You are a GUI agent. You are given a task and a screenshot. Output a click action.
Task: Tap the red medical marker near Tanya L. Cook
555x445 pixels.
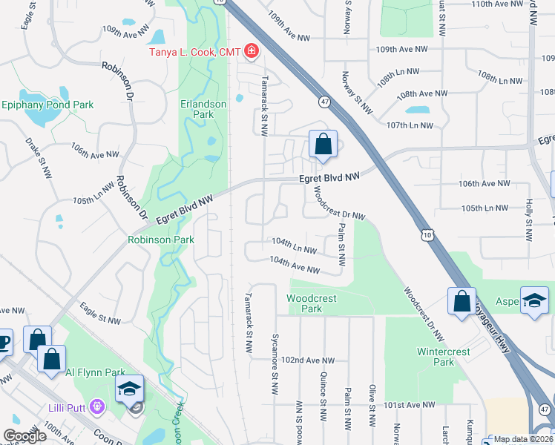[x=252, y=52]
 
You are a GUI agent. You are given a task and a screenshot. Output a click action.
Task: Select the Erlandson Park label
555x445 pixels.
[x=203, y=110]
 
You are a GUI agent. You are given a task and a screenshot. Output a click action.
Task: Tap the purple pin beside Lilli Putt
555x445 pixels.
[x=96, y=406]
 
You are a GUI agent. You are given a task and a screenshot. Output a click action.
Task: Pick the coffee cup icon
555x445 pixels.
[x=4, y=342]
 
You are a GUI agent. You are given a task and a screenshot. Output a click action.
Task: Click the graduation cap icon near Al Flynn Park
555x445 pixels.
[x=129, y=388]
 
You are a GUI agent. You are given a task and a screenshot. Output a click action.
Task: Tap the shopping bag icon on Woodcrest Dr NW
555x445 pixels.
[x=462, y=301]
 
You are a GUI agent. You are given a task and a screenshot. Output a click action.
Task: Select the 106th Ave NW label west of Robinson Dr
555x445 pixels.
[x=96, y=155]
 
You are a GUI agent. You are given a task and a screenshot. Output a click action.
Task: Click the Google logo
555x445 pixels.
[x=24, y=436]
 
